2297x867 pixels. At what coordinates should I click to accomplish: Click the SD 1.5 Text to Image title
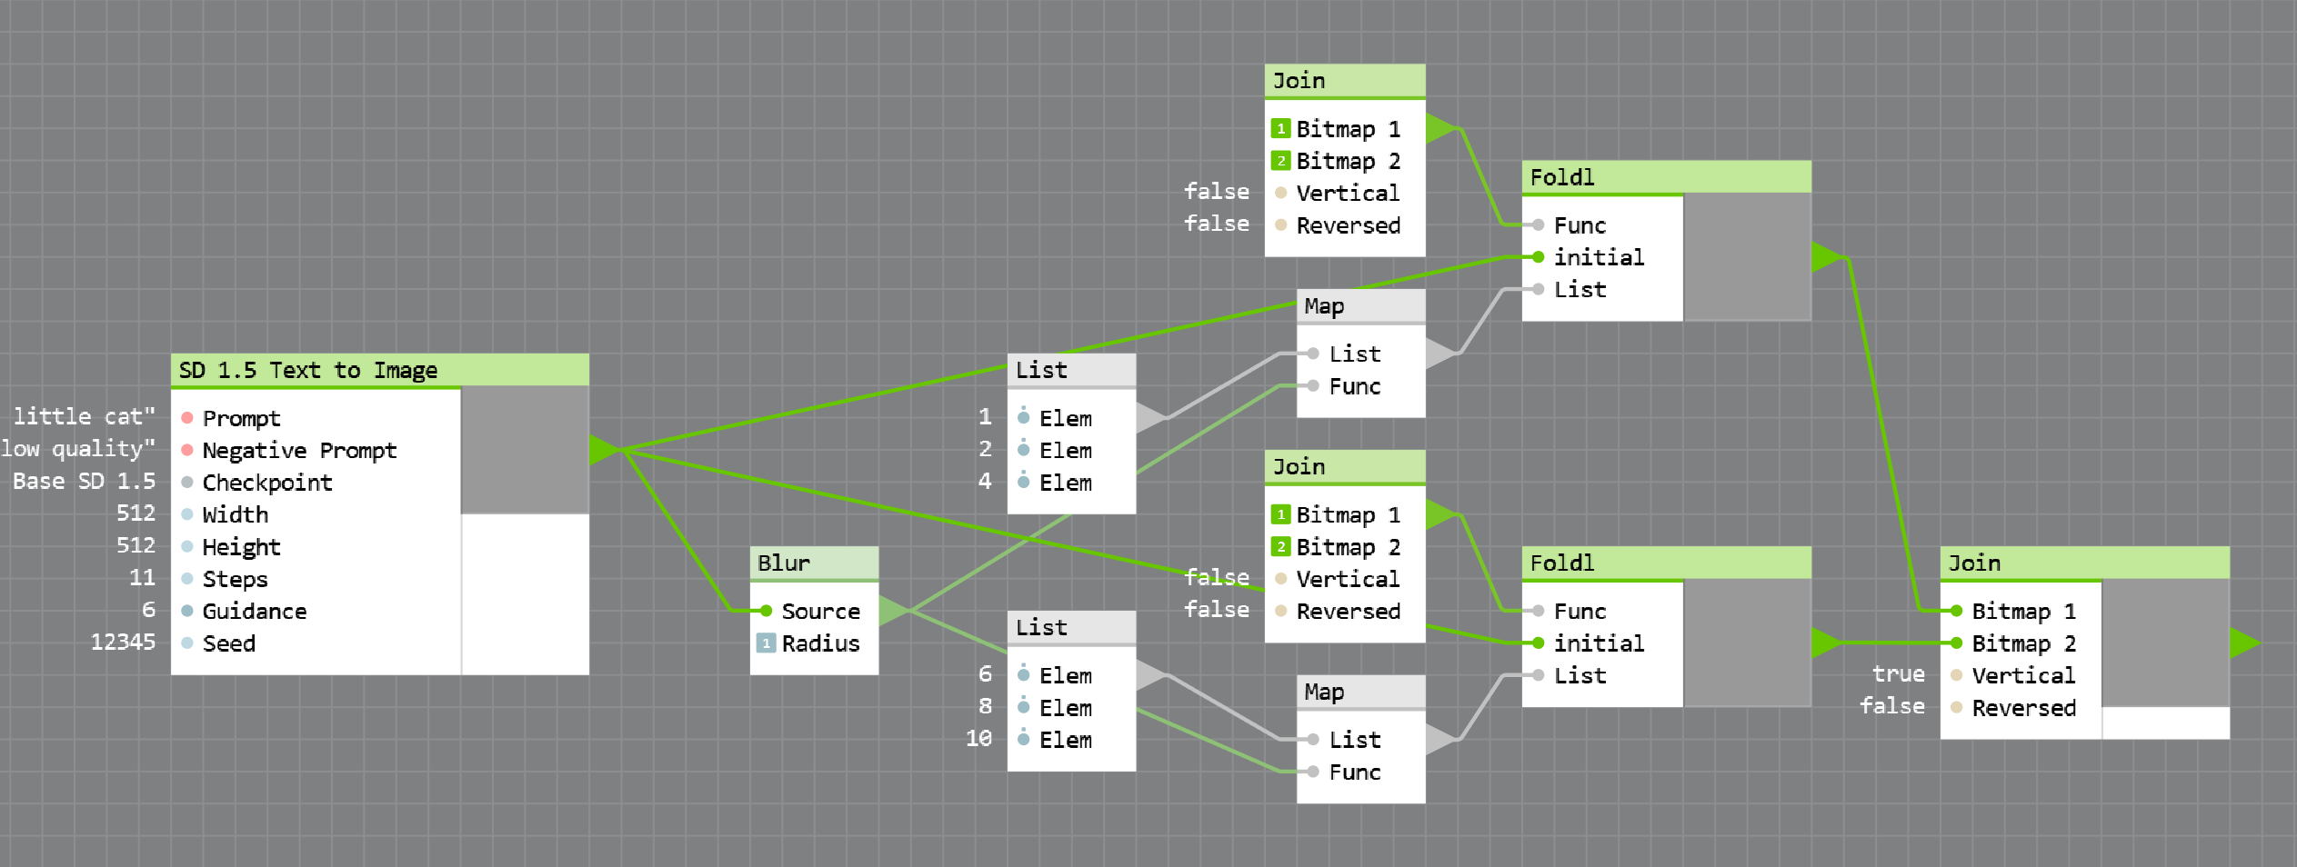click(x=307, y=371)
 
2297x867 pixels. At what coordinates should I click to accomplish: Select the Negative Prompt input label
click(x=299, y=451)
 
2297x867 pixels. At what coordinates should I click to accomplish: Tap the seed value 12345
click(x=123, y=643)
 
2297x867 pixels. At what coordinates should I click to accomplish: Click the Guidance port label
click(x=254, y=612)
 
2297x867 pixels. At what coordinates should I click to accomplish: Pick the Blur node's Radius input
click(x=820, y=643)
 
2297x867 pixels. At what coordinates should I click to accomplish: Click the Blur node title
click(x=784, y=563)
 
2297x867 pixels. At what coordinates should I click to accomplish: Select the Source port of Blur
click(x=820, y=612)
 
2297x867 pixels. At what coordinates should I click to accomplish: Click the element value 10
click(x=978, y=739)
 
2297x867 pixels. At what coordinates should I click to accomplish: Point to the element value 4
click(x=985, y=482)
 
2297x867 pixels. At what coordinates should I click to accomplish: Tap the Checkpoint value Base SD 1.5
click(x=84, y=482)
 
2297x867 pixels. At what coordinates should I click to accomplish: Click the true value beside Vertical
click(x=1898, y=674)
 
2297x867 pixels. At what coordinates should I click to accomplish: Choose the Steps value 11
click(x=142, y=578)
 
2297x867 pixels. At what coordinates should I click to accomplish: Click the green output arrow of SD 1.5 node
click(x=602, y=450)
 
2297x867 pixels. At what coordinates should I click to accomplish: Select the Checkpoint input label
click(x=266, y=483)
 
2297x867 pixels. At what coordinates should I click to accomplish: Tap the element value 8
click(x=985, y=707)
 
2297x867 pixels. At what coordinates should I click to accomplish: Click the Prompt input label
click(x=241, y=419)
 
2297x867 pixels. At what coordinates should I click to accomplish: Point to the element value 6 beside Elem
click(x=985, y=674)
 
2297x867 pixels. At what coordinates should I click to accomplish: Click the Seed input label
click(x=228, y=643)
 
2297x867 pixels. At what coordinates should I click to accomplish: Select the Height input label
click(x=241, y=547)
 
